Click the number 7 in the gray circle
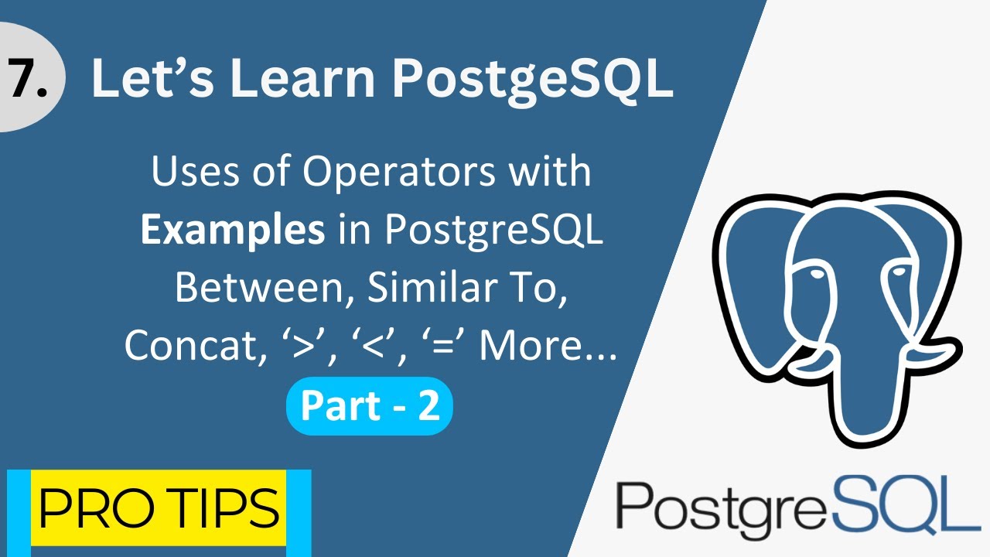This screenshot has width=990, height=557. point(22,78)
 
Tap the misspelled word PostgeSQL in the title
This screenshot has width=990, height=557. point(533,82)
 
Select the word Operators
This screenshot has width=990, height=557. point(398,173)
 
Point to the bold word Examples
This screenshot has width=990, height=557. point(233,231)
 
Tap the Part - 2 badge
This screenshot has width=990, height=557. point(370,406)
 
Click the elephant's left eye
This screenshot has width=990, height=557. point(817,275)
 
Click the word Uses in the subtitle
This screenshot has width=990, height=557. point(196,172)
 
